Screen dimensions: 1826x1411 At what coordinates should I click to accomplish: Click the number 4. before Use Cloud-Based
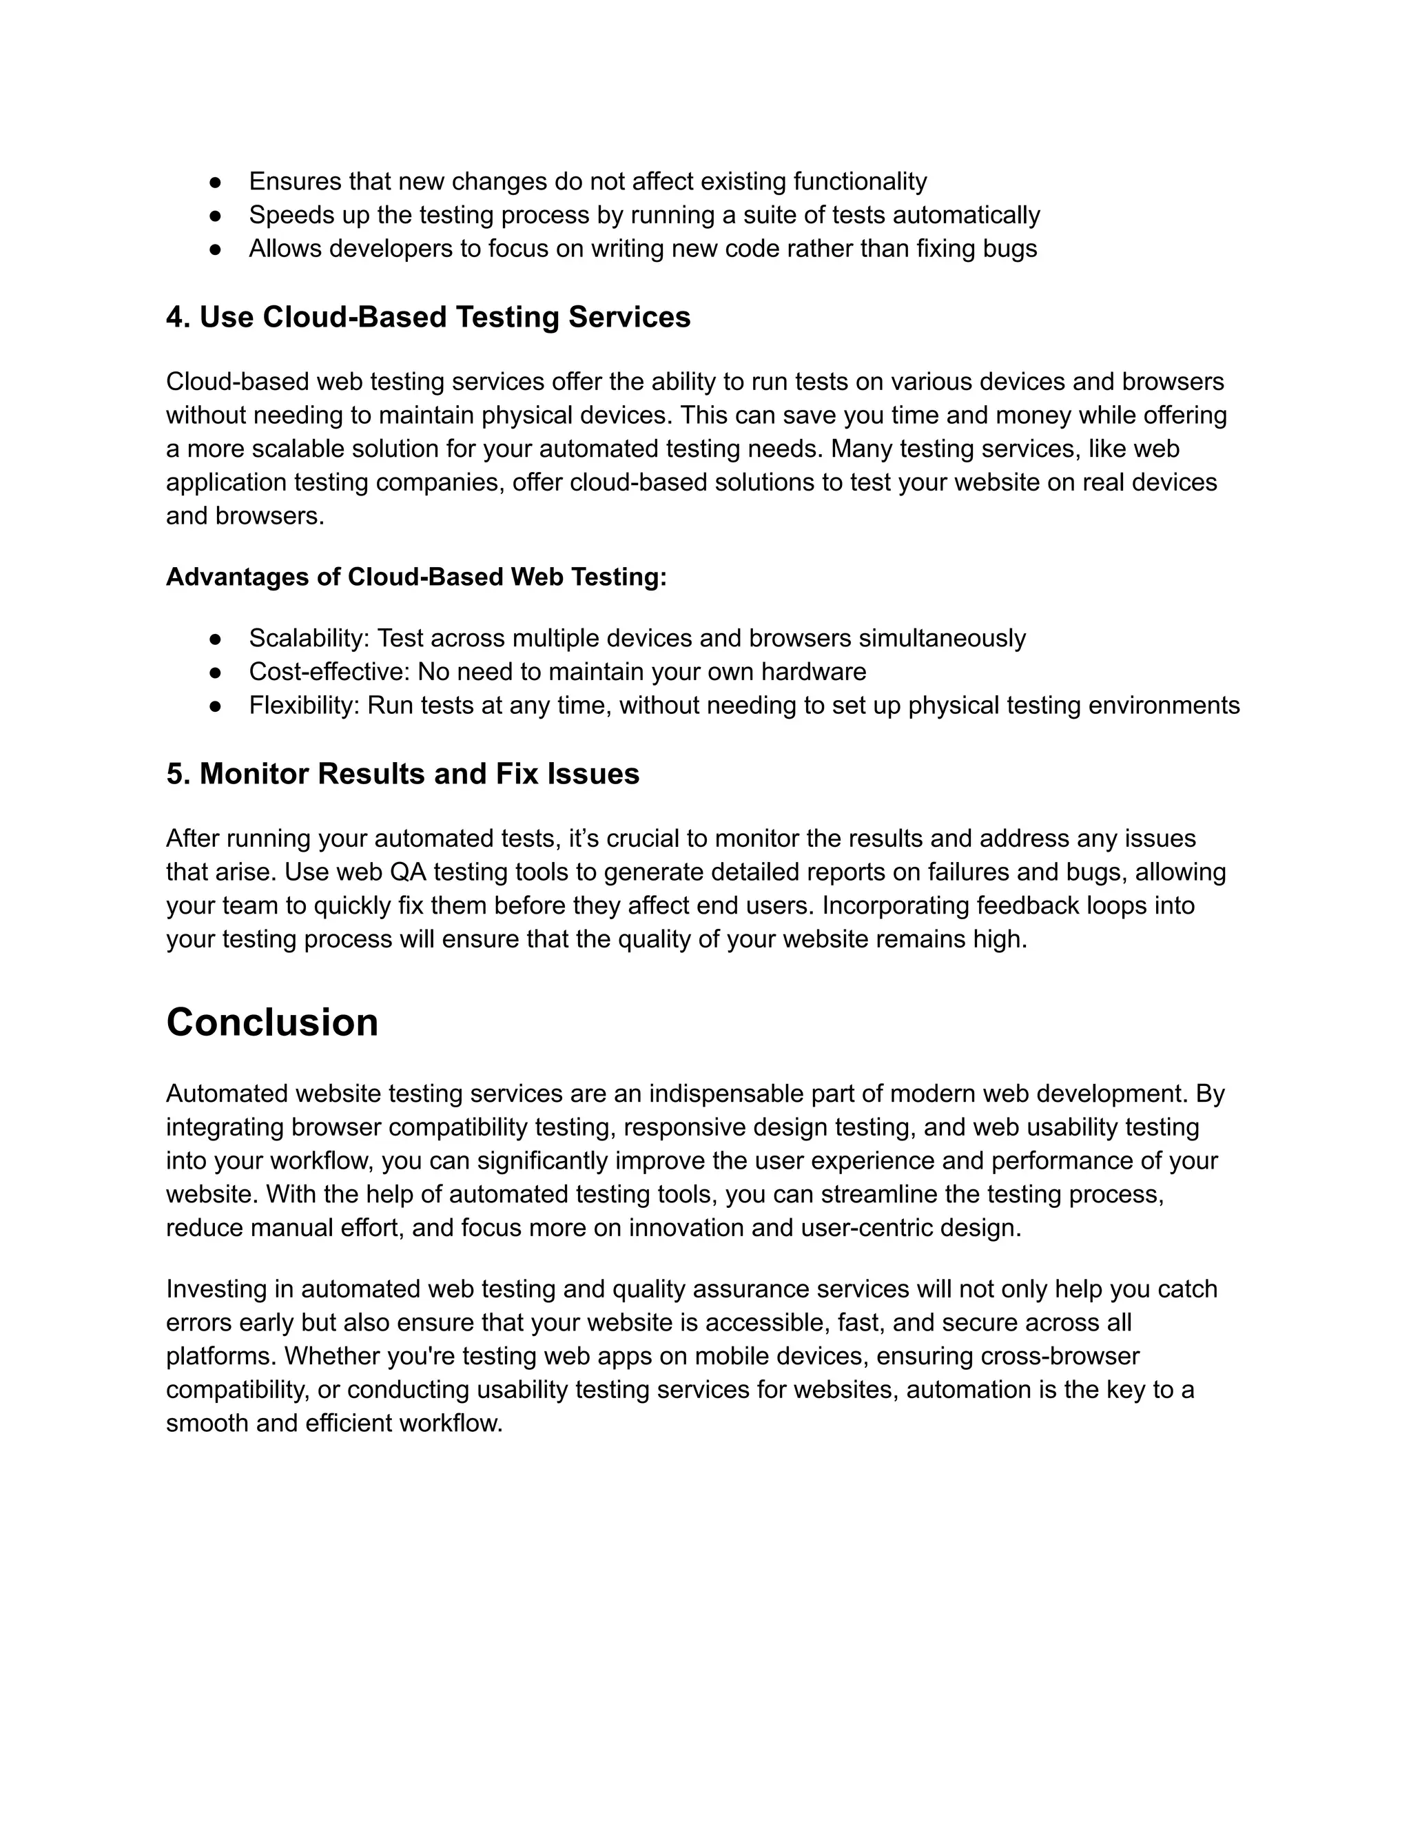click(x=177, y=317)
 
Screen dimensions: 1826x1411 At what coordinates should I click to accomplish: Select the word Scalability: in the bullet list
click(x=309, y=638)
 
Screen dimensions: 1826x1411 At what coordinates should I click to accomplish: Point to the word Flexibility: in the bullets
click(x=303, y=705)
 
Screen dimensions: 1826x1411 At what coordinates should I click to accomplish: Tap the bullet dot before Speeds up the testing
click(x=215, y=215)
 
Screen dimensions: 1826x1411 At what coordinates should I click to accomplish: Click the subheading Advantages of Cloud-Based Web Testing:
click(x=416, y=577)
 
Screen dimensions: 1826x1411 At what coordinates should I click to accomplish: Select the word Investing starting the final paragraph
click(x=215, y=1289)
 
